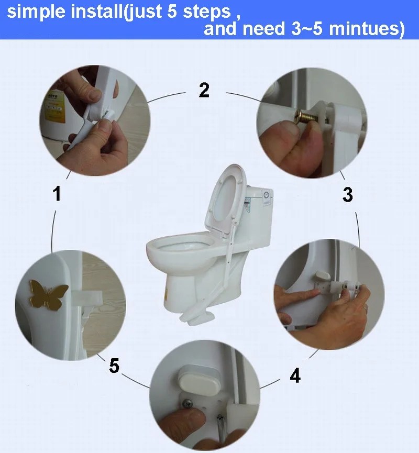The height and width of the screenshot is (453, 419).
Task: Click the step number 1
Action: click(57, 194)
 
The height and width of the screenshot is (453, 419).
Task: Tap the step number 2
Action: click(204, 90)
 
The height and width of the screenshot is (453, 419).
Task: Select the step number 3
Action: click(347, 195)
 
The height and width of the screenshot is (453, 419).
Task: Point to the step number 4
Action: click(295, 375)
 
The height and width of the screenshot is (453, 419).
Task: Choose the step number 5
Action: click(114, 365)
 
